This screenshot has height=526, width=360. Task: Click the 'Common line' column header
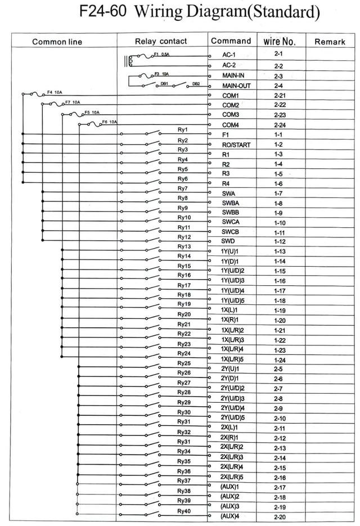tap(57, 42)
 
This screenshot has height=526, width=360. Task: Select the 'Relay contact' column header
tap(161, 41)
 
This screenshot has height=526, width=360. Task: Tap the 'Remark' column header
tap(330, 42)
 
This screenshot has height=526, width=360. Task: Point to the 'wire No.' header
tap(279, 41)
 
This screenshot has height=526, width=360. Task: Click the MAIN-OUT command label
tap(236, 86)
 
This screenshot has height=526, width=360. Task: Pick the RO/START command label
tap(236, 145)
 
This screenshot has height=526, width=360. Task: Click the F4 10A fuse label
tap(55, 92)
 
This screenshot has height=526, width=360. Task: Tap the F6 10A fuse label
tap(109, 122)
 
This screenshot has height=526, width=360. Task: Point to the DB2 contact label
tap(196, 83)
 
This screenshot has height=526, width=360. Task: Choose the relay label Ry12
tap(184, 237)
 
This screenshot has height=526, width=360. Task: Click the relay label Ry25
tap(184, 363)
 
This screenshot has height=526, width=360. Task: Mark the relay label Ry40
tap(184, 510)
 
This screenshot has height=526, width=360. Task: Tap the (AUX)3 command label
tap(231, 506)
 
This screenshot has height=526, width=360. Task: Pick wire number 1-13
tap(280, 251)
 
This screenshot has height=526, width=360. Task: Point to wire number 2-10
tap(280, 418)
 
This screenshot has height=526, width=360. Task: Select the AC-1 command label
tap(229, 56)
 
